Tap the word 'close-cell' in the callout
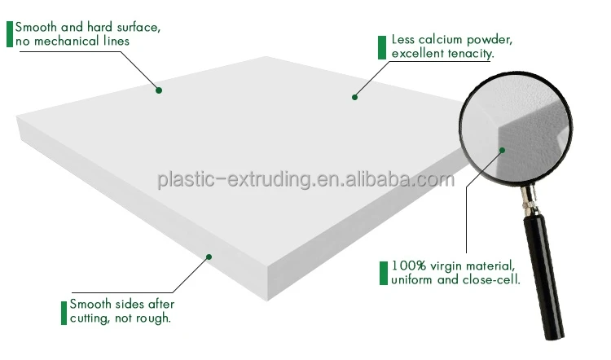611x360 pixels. tap(493, 280)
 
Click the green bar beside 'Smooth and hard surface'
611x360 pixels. tap(9, 33)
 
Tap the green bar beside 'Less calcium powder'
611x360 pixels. tap(382, 46)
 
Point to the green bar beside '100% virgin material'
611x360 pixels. tap(382, 273)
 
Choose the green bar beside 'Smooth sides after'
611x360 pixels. tap(64, 312)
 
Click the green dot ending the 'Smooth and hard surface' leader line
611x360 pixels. tap(159, 90)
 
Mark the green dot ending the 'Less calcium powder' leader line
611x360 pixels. tap(355, 97)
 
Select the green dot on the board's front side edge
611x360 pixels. tap(209, 257)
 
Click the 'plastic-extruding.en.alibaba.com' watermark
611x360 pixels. tap(305, 179)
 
